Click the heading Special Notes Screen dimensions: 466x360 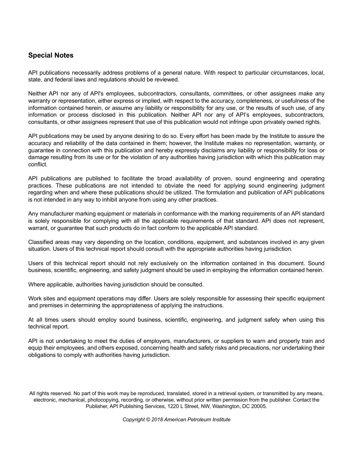point(51,55)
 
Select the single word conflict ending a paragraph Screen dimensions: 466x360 point(37,164)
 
